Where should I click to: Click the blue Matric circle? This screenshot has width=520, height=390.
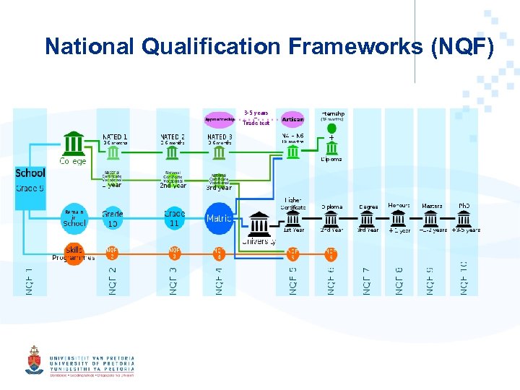219,218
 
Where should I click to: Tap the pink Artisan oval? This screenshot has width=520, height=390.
293,119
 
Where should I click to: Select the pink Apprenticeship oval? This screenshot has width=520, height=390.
220,119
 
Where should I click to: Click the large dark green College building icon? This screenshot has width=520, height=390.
74,143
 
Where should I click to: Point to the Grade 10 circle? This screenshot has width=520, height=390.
112,218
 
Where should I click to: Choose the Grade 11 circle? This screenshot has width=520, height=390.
174,218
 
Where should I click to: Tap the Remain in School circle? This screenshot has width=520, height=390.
74,218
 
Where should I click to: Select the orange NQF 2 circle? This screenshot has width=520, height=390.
112,253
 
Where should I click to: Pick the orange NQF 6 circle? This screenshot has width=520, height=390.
331,253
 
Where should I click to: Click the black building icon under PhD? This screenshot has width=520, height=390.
464,219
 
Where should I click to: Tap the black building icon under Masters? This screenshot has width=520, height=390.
432,219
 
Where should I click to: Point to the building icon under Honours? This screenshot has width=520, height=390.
399,219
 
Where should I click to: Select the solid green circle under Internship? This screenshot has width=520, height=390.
331,129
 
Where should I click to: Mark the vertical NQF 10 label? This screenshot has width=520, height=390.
464,277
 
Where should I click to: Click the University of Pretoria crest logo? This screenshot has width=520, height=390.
34,359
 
